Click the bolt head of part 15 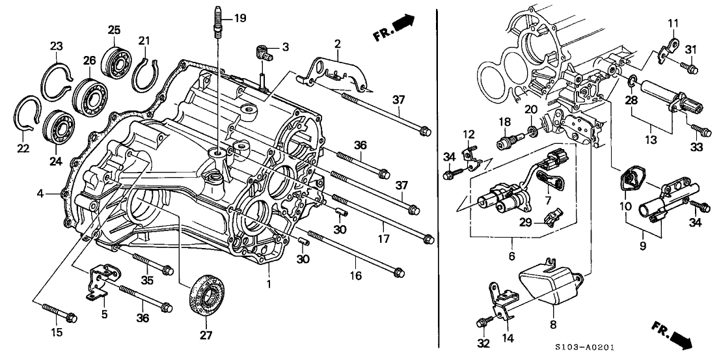pyautogui.click(x=71, y=317)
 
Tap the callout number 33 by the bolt pyautogui.click(x=697, y=147)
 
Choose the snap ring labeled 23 pyautogui.click(x=57, y=77)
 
